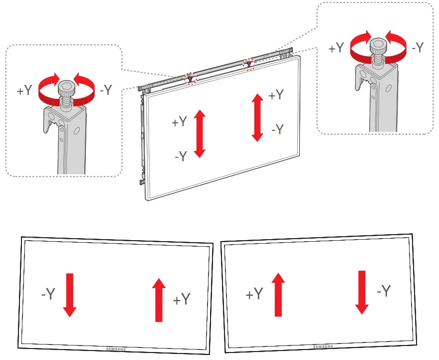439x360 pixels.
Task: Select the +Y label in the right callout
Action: coord(337,48)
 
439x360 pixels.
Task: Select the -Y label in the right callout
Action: coord(417,48)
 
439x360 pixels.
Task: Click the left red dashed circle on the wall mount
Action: coord(190,78)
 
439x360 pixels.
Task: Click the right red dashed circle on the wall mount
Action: coord(248,64)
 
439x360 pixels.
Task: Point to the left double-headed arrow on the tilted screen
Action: coord(200,134)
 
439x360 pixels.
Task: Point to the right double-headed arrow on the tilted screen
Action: coord(257,118)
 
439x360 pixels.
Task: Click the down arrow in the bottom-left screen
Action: coord(70,295)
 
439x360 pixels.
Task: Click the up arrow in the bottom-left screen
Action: coord(159,300)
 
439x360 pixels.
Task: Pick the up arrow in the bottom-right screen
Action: coord(277,295)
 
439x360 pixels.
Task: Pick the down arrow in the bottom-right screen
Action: coord(361,292)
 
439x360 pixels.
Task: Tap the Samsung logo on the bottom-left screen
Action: coord(116,349)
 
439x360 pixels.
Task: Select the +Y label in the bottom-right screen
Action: coord(254,295)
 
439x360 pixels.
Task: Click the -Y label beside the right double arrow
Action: coord(277,130)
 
